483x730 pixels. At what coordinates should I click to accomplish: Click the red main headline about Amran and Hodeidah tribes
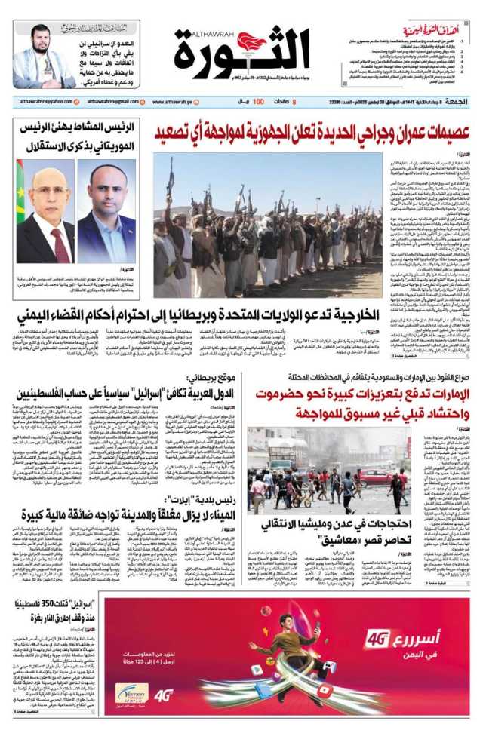[310, 132]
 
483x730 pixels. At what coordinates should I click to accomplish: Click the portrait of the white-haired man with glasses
[45, 222]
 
